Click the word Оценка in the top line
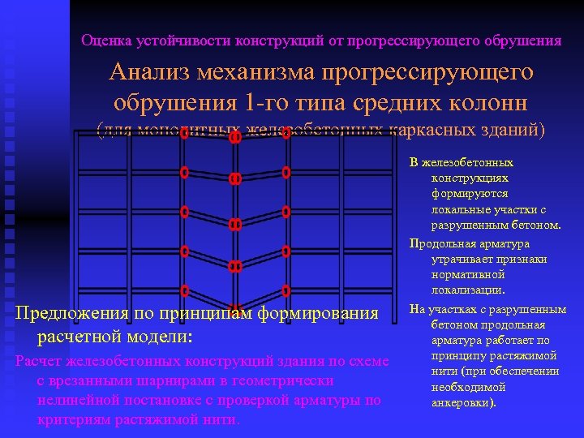pos(101,40)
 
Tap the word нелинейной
pos(76,400)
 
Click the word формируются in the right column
pos(470,194)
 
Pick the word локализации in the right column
pos(469,290)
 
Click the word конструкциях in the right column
pos(470,178)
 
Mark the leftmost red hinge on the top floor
pos(185,134)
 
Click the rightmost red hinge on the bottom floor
pos(286,290)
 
